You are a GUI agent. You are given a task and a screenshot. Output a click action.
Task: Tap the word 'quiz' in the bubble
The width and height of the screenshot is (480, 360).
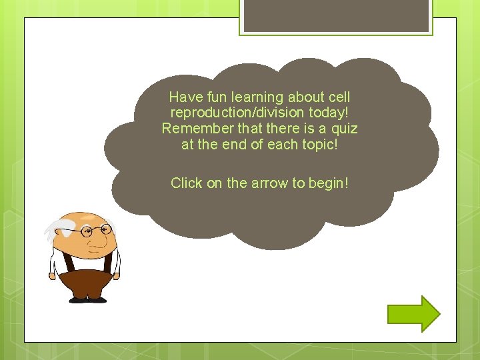[344, 128]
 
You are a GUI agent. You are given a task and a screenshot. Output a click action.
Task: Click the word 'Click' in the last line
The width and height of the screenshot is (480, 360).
[187, 183]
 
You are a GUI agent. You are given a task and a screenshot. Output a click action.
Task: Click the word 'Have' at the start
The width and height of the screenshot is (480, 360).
[183, 97]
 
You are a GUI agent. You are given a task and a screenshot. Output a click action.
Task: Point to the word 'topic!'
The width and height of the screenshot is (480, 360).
[319, 144]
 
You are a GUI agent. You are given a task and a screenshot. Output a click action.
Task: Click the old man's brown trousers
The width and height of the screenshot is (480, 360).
[88, 283]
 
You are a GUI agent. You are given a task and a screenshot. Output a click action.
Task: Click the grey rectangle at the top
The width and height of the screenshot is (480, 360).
[336, 15]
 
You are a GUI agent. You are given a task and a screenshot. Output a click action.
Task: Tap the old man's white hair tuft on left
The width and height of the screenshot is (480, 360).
[53, 231]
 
